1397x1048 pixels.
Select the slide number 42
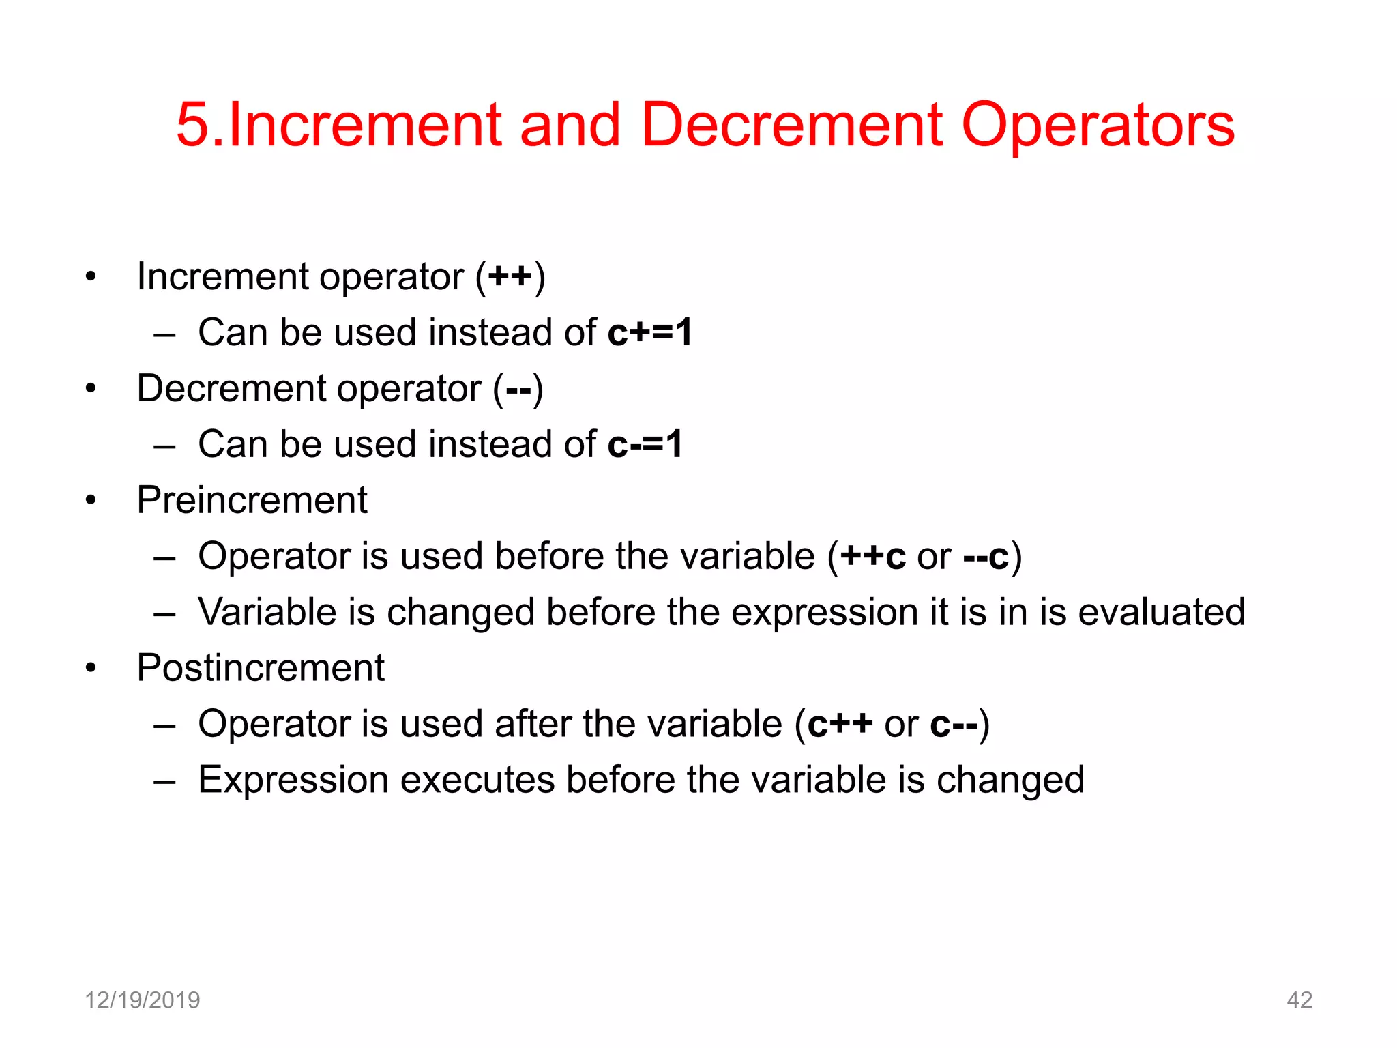pyautogui.click(x=1299, y=1000)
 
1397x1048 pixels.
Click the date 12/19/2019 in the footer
pyautogui.click(x=142, y=1000)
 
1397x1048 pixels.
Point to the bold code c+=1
pyautogui.click(x=650, y=332)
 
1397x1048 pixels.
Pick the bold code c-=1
pyautogui.click(x=645, y=444)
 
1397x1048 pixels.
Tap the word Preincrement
pyautogui.click(x=252, y=500)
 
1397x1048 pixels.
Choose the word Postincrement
pyautogui.click(x=261, y=667)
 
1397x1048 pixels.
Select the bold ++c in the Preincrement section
pyautogui.click(x=872, y=556)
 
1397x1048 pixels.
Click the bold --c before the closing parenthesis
pyautogui.click(x=986, y=556)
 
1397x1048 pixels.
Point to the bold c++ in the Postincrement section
pyautogui.click(x=840, y=723)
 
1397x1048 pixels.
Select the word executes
pyautogui.click(x=477, y=779)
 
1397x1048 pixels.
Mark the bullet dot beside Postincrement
pyautogui.click(x=91, y=668)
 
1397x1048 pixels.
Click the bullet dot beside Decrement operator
pyautogui.click(x=91, y=389)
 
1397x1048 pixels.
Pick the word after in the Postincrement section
pyautogui.click(x=533, y=723)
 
